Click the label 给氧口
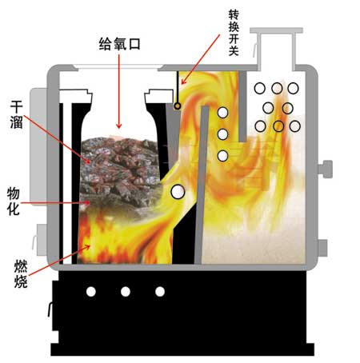(119, 44)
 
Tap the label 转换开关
(234, 33)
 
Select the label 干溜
(17, 114)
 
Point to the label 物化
(14, 201)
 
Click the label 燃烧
(21, 274)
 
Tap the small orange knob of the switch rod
(178, 106)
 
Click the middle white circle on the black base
(126, 292)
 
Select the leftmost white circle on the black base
(91, 292)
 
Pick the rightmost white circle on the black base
(160, 292)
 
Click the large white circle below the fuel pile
(178, 191)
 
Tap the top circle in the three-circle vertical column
(222, 113)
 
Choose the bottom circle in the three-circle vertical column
(222, 156)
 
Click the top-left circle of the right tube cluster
(260, 88)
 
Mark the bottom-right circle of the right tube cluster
(295, 126)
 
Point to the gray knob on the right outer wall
(326, 169)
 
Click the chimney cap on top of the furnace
(276, 30)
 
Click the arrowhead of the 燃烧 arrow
(87, 248)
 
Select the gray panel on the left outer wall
(38, 146)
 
